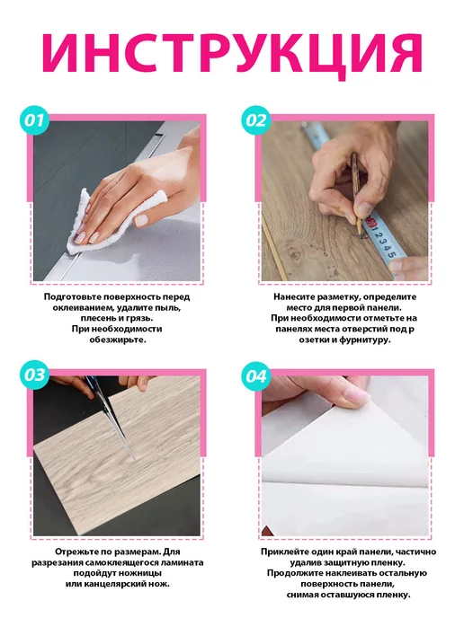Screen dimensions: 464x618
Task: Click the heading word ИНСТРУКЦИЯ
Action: pos(232,53)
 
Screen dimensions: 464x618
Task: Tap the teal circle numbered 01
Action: pos(34,120)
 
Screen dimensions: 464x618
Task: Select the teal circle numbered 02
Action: pos(256,120)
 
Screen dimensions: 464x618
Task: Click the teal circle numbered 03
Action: pos(34,375)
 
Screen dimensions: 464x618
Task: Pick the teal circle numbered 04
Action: pos(256,376)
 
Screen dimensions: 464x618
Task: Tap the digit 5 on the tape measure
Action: pos(390,254)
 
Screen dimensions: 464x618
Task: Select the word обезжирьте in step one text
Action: pos(117,340)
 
